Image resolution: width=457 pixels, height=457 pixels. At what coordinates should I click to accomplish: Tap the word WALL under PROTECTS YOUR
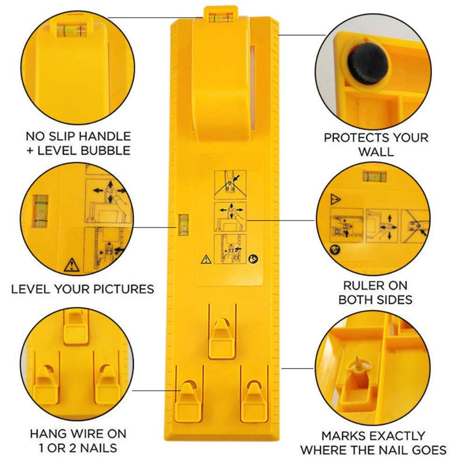coord(376,152)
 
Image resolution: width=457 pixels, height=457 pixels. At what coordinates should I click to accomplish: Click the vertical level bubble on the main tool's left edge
coord(183,224)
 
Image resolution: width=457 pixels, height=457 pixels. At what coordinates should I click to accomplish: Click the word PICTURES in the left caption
coord(124,289)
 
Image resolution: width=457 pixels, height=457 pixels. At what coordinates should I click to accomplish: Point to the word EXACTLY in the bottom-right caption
coord(393,436)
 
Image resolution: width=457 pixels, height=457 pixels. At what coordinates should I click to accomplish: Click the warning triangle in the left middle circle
coord(72,265)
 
